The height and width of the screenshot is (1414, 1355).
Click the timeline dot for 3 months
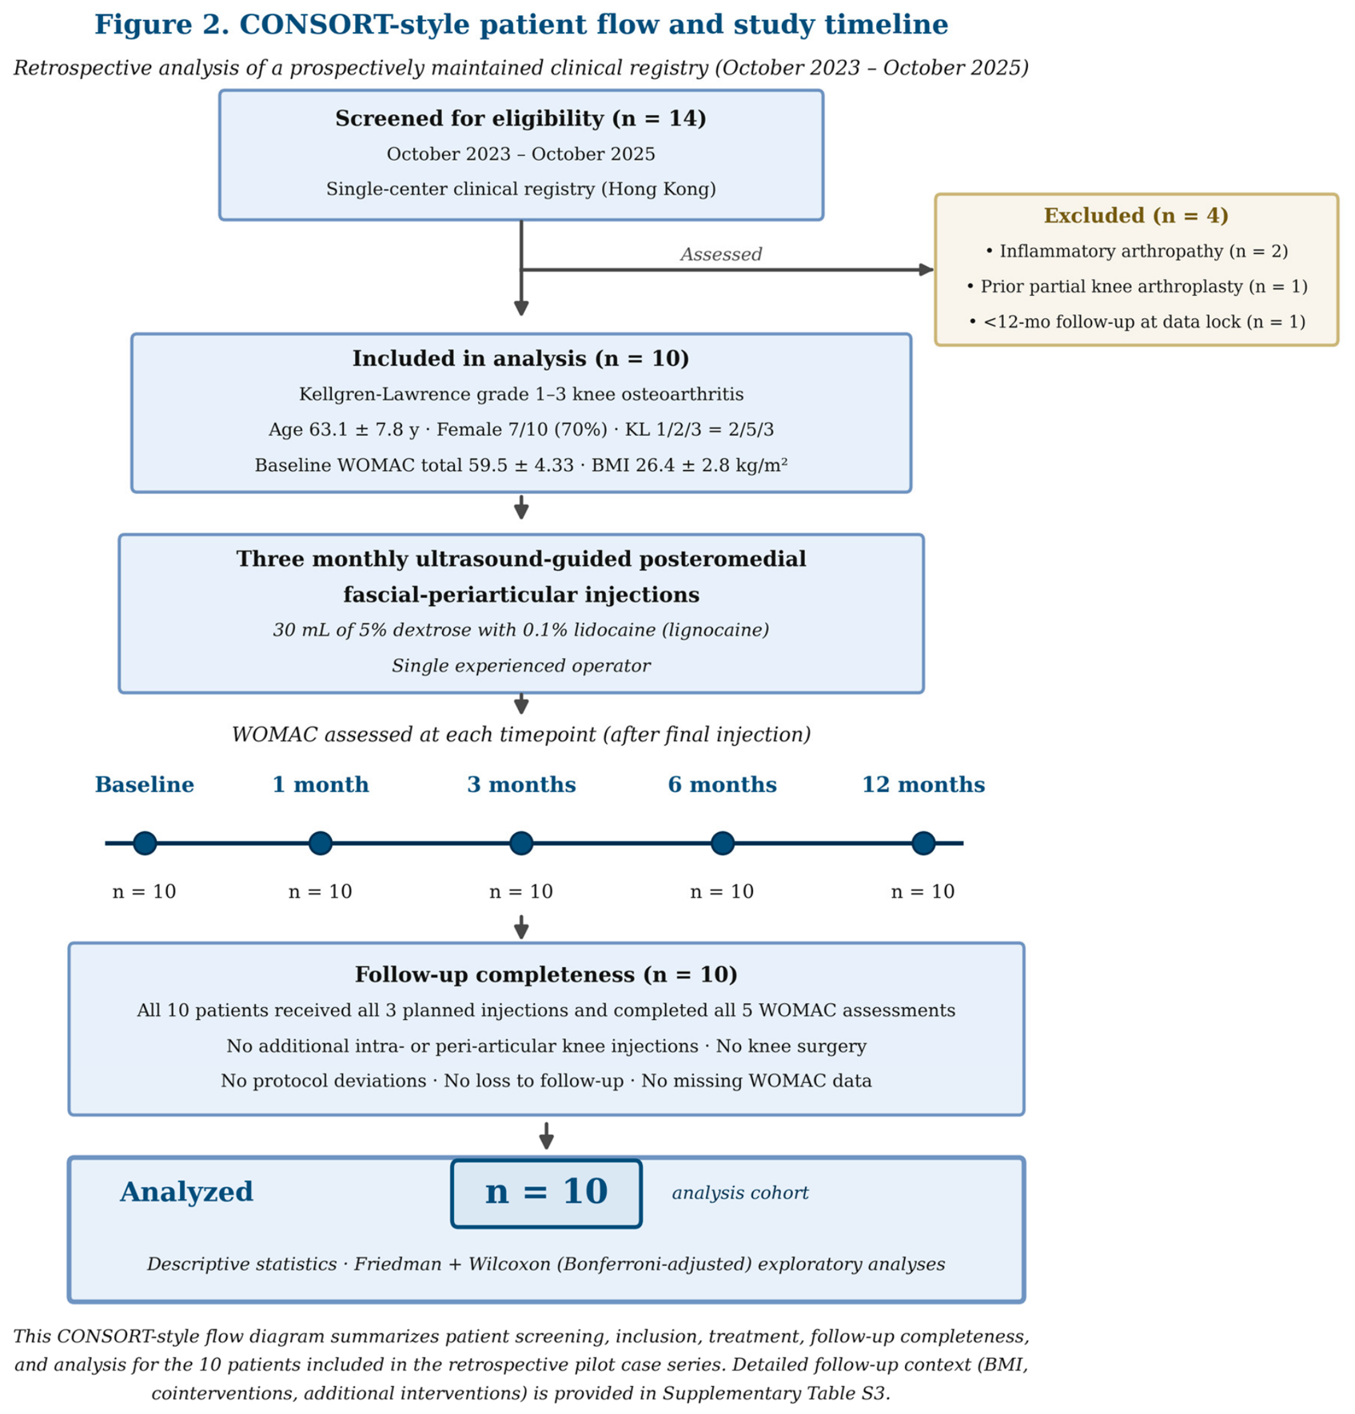click(x=521, y=843)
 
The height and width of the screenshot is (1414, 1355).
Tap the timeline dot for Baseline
click(x=145, y=843)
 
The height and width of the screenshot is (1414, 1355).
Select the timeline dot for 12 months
click(x=923, y=843)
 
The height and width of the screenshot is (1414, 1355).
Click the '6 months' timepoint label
click(x=722, y=785)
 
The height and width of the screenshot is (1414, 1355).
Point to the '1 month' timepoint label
click(x=321, y=785)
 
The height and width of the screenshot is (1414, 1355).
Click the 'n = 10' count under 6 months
click(x=722, y=891)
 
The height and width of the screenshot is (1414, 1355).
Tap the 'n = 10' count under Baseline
click(x=145, y=891)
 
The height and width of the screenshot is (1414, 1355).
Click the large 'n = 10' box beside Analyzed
click(x=546, y=1193)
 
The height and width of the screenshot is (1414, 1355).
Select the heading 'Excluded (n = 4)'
click(x=1136, y=216)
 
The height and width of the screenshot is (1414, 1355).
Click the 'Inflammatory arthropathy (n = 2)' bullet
click(x=1136, y=251)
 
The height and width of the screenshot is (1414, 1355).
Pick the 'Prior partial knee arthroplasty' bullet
click(x=1136, y=286)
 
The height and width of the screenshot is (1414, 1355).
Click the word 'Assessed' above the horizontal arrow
click(x=721, y=254)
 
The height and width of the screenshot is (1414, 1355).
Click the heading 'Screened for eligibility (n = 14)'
click(x=521, y=119)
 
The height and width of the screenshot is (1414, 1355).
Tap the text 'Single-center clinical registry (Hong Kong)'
click(x=521, y=189)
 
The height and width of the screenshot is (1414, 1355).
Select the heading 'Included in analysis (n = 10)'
click(x=521, y=359)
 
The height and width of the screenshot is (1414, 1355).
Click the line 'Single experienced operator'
click(x=521, y=666)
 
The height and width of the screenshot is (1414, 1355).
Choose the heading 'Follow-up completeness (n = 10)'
click(x=546, y=974)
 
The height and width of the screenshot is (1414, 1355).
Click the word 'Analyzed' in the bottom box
click(x=186, y=1193)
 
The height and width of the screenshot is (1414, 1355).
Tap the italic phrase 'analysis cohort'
click(x=740, y=1193)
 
